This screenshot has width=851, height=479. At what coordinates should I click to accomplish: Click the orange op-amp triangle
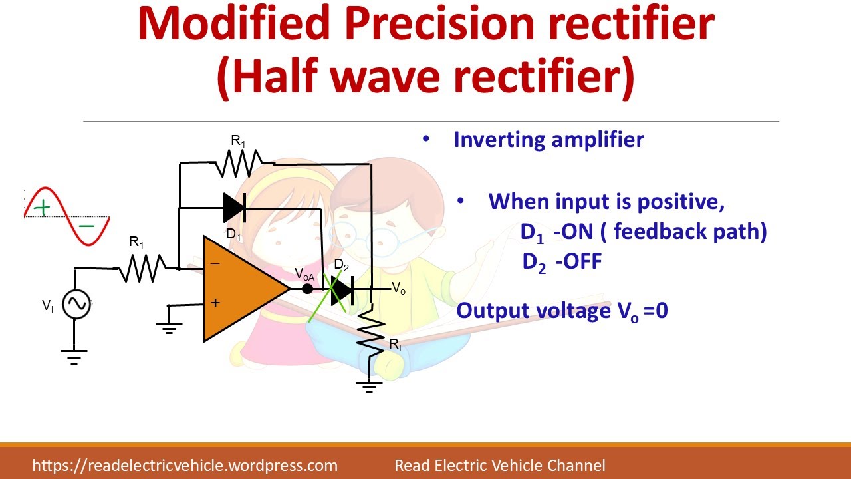click(243, 289)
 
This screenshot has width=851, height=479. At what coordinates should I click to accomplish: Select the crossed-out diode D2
click(342, 291)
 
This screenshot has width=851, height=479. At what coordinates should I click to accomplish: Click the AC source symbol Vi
click(76, 304)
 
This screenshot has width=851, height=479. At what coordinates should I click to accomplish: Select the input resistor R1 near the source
click(142, 268)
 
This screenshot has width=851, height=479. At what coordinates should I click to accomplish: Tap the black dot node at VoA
click(307, 289)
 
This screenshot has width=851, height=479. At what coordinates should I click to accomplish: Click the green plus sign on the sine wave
click(42, 208)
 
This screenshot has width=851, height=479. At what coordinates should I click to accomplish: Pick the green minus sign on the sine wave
click(86, 226)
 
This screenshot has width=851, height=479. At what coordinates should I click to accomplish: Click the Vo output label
click(398, 288)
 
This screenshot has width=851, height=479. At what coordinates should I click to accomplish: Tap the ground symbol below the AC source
click(74, 357)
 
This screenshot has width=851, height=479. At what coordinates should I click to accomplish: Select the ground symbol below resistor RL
click(369, 387)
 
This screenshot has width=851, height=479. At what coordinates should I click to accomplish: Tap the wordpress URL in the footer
click(185, 466)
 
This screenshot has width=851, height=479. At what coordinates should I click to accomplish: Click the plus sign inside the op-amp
click(215, 303)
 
